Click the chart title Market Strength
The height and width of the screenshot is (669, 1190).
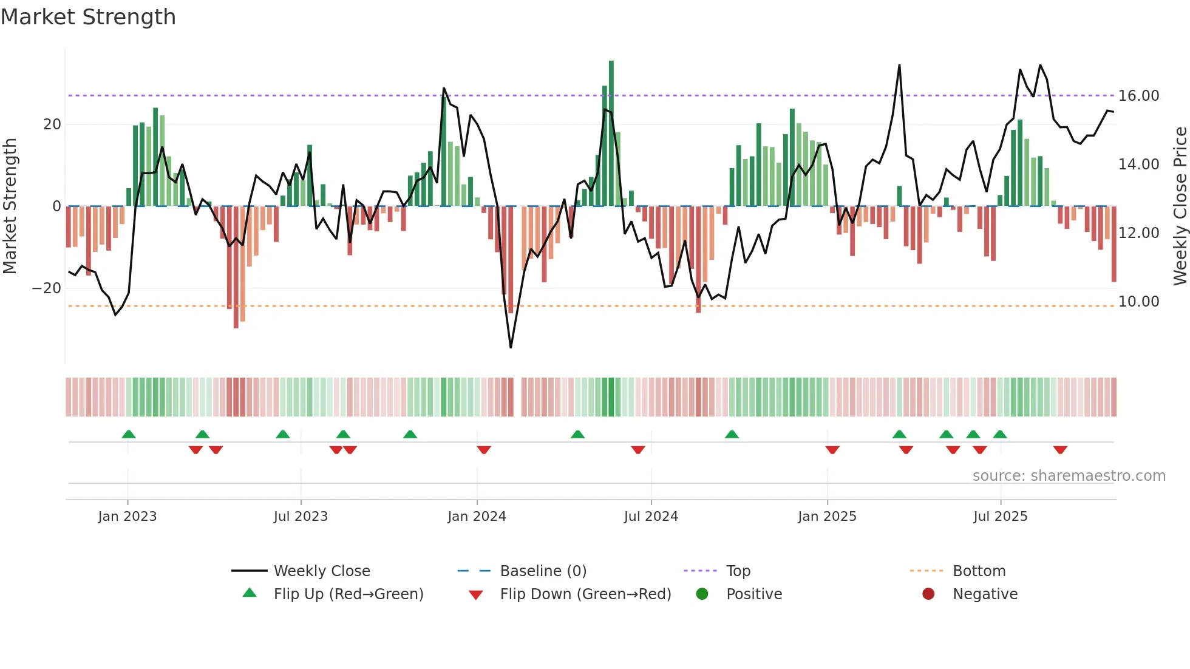click(88, 17)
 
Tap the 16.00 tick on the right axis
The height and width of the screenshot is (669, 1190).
click(1138, 96)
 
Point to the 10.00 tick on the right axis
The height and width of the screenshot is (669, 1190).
click(1138, 302)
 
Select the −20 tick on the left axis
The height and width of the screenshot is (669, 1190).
click(47, 288)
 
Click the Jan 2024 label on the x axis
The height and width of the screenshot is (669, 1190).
click(477, 517)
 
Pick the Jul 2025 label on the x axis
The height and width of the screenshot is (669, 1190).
click(1000, 517)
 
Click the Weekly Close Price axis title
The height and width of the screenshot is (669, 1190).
click(1180, 206)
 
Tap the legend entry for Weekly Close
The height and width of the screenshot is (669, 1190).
click(321, 571)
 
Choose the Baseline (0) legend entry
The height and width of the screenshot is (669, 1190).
click(543, 571)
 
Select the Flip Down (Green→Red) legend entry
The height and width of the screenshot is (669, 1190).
click(585, 594)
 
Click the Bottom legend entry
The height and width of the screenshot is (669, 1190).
click(979, 571)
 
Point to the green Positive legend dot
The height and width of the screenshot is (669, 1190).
click(702, 594)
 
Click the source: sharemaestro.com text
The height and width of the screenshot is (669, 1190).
click(1069, 476)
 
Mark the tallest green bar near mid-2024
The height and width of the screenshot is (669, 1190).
click(611, 134)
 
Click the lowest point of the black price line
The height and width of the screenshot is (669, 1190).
click(511, 347)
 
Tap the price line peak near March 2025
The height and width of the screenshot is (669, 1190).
click(899, 66)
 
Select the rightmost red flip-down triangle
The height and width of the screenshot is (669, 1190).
click(1060, 450)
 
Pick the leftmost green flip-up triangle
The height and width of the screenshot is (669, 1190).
click(129, 434)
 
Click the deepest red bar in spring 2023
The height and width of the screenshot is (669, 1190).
click(236, 267)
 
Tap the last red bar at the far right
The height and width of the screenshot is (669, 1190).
click(1113, 244)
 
